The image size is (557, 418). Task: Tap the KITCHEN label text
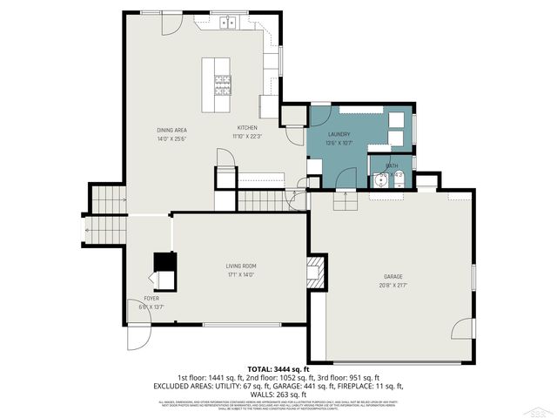(248, 129)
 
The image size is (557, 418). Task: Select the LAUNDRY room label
(339, 135)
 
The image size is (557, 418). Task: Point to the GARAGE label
(393, 277)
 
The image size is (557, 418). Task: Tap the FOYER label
(151, 299)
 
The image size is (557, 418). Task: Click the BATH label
(392, 165)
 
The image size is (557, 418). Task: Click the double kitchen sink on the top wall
(230, 23)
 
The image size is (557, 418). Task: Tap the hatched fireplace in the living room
(318, 272)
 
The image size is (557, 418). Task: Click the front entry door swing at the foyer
(138, 338)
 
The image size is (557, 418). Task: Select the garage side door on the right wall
(466, 329)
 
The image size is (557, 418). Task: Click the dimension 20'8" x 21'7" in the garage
(393, 285)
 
